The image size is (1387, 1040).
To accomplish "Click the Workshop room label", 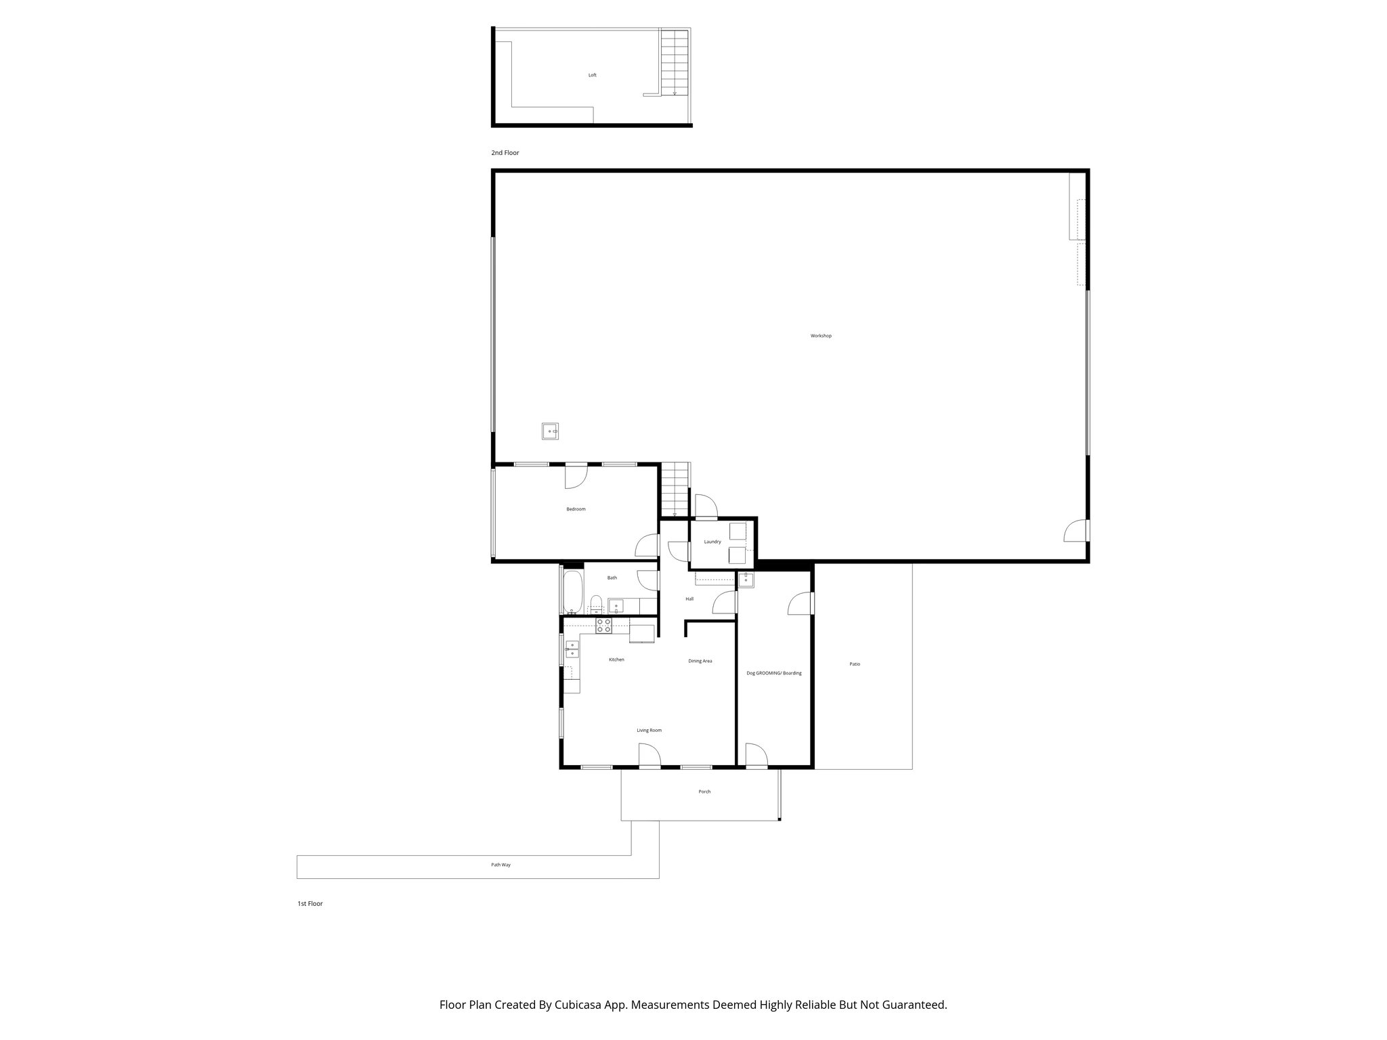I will [821, 336].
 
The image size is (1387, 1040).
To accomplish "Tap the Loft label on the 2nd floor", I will [593, 75].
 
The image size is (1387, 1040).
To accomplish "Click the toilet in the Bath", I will [595, 603].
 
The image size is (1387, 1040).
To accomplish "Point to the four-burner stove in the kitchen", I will [603, 626].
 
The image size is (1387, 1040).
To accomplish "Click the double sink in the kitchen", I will [572, 649].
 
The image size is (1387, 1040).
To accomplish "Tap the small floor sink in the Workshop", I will [550, 431].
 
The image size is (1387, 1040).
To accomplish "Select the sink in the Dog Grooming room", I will [746, 580].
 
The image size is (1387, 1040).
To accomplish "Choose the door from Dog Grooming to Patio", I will [801, 603].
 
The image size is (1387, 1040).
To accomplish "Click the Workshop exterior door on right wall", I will [1075, 531].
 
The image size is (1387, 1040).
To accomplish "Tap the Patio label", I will [855, 664].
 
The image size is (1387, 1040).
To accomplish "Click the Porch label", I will [704, 792].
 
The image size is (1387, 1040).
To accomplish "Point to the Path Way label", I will [501, 865].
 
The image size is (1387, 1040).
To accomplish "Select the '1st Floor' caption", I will [310, 904].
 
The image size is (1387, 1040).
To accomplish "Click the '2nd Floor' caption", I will [505, 153].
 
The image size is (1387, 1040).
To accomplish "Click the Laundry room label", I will [712, 542].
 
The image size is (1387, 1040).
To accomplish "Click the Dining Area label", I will [700, 661].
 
